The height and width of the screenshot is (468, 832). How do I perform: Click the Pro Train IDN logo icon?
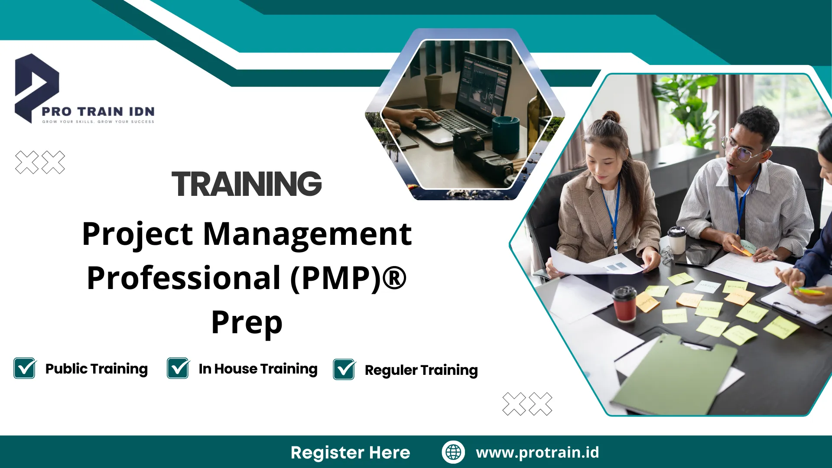coord(36,87)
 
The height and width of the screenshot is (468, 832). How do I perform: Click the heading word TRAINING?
coord(247,184)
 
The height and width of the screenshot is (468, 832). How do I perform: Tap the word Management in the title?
coord(307,234)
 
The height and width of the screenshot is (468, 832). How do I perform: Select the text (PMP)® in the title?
coord(348,278)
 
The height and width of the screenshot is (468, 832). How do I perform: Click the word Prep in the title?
coord(247,323)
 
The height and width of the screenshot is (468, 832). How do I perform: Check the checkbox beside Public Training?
coord(25,368)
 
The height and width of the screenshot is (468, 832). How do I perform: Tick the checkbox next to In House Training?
coord(178,368)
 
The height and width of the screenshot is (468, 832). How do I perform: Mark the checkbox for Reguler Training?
coord(344,370)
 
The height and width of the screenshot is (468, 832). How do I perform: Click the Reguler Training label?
coord(421,370)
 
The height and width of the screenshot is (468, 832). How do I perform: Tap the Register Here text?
coord(350,452)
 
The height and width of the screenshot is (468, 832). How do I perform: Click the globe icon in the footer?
coord(453,452)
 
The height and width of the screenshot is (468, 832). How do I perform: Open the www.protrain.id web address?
coord(537,452)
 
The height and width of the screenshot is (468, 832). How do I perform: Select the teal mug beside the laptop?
coord(505,134)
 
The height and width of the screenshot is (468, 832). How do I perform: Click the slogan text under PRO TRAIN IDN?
coord(98,122)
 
